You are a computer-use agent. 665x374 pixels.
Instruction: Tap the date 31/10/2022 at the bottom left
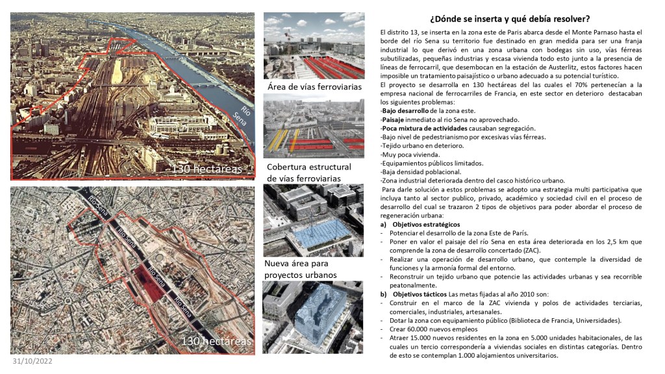[32, 361]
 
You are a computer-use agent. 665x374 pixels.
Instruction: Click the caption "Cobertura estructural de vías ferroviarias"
[308, 172]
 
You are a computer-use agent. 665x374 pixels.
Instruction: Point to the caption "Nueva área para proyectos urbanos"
[301, 269]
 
